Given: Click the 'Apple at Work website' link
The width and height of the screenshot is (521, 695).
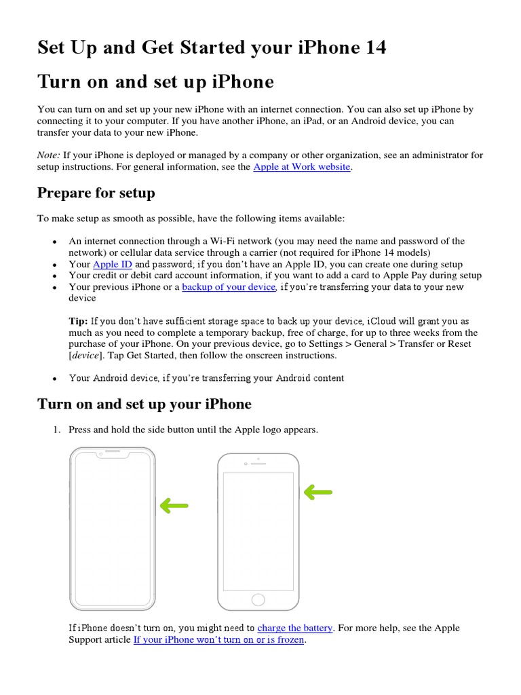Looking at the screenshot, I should [301, 167].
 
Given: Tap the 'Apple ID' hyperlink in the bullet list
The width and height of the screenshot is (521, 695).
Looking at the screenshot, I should [112, 264].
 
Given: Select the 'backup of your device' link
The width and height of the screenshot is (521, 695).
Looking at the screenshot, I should [229, 287].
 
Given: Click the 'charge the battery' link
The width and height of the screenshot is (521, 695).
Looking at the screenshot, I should [294, 628].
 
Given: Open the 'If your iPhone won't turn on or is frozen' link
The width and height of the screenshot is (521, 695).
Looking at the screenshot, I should [218, 639].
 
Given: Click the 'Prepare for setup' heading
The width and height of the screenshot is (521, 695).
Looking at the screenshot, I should [96, 193].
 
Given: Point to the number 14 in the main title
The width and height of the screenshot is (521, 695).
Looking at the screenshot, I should [372, 48].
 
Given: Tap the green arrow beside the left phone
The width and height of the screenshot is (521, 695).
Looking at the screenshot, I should [174, 505].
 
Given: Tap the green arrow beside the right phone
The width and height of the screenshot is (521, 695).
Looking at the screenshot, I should [317, 492].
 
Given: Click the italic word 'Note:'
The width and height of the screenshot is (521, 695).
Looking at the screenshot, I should [49, 155].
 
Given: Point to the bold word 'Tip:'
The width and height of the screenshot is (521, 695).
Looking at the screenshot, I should [78, 321].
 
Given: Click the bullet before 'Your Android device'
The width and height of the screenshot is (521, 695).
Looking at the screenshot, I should [54, 378].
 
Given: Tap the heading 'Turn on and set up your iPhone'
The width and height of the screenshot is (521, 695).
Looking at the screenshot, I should [144, 404].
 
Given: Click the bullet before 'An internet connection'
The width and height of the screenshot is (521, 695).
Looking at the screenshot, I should [54, 242].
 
